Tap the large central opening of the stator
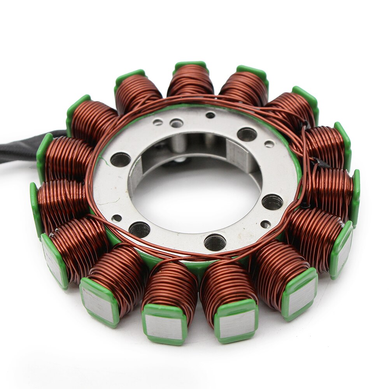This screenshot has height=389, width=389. (194, 194)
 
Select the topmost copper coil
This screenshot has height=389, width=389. (191, 81)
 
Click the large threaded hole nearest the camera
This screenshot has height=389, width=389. (215, 242)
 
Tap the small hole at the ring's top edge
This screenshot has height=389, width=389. (210, 115)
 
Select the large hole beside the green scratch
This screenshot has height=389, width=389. (120, 159)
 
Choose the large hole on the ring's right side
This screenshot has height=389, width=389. (272, 202)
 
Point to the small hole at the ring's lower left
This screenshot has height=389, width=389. (116, 218)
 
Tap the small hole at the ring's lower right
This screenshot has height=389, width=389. (265, 224)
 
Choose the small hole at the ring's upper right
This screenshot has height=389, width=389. (269, 144)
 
